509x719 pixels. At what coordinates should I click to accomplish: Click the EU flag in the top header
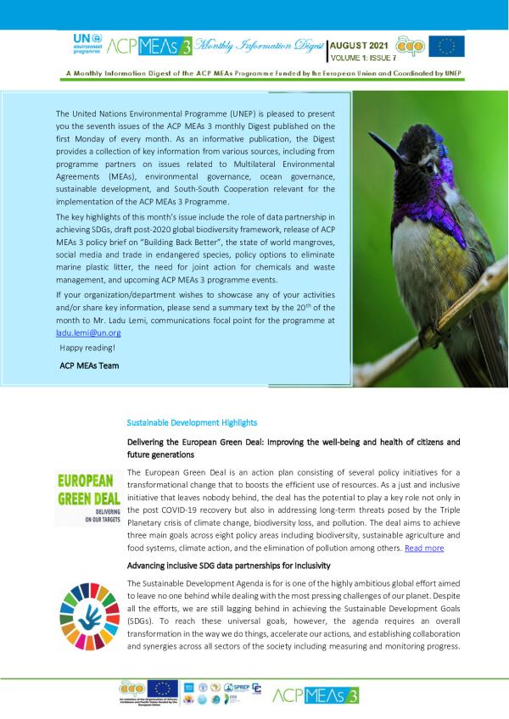tap(446, 46)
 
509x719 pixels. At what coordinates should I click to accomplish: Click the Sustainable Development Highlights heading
tap(192, 422)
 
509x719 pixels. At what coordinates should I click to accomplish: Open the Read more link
tap(424, 549)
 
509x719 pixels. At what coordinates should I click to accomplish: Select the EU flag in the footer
tap(162, 688)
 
